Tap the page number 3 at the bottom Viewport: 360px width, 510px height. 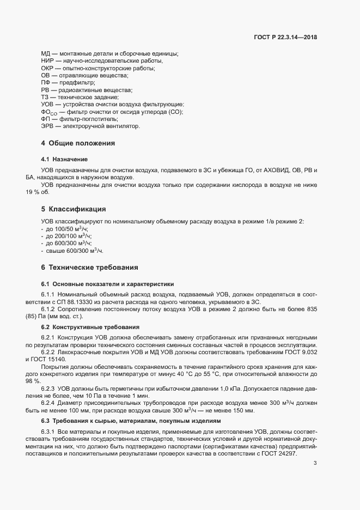tap(315, 464)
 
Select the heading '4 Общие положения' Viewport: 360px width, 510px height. tap(78, 143)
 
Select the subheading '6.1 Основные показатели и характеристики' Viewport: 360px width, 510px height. tap(107, 284)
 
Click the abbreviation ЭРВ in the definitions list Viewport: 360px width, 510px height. tap(47, 126)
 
